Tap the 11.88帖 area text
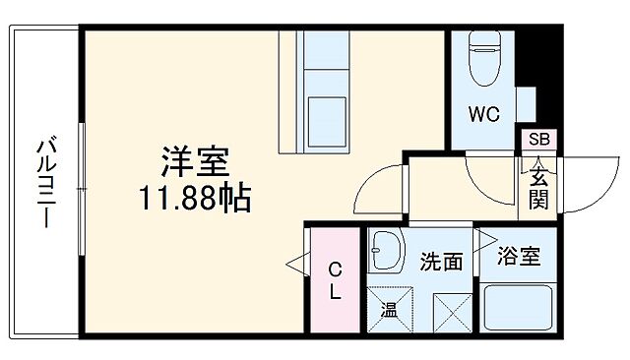coord(195,200)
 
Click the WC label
coord(483,114)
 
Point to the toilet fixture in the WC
coord(485,58)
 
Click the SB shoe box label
coord(540,140)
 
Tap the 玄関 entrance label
coord(539,188)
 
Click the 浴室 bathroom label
coord(518,258)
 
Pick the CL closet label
coord(335,279)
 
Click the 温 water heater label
coord(388,311)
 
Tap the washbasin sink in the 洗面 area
coord(386,255)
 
